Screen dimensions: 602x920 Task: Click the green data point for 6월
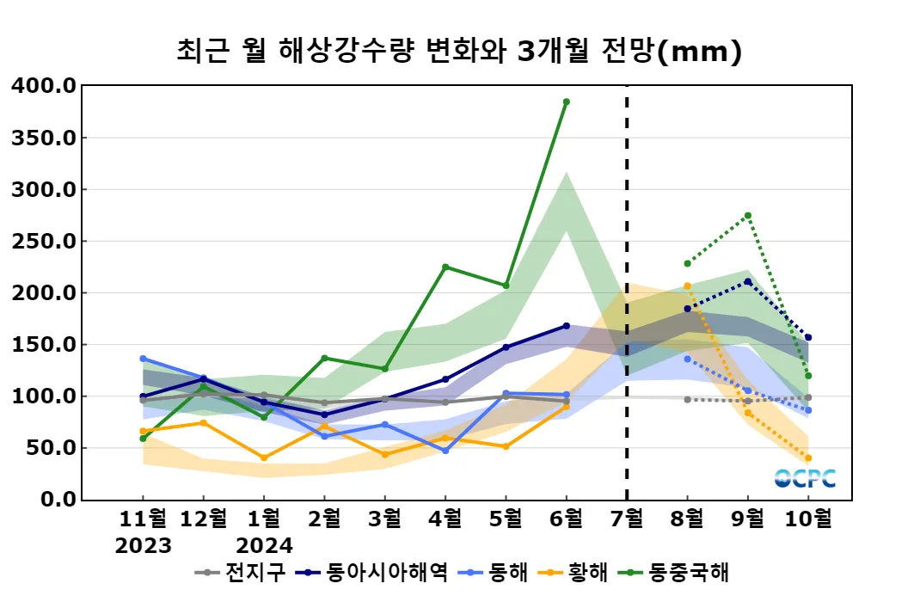pos(566,101)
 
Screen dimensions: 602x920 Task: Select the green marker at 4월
pos(445,267)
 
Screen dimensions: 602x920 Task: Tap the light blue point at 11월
pos(143,359)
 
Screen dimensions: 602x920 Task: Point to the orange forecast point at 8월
pos(687,286)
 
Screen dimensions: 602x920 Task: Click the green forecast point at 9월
pos(748,215)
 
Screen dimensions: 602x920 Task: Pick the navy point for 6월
pos(566,326)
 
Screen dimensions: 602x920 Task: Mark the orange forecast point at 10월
pos(808,458)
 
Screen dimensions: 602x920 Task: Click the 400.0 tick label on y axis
pos(44,86)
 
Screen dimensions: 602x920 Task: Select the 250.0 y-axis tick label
pos(44,242)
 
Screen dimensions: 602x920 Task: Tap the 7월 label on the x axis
pos(626,519)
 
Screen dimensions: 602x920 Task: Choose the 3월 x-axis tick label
pos(384,519)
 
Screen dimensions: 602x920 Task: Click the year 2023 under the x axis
pos(144,545)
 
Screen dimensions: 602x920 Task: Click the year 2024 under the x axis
pos(264,545)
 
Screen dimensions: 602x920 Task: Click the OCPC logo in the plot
pos(804,478)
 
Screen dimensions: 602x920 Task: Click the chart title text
pos(459,52)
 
